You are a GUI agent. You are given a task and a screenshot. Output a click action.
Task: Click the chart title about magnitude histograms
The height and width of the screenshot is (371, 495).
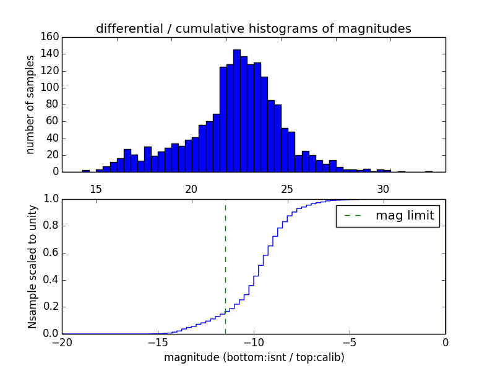click(253, 29)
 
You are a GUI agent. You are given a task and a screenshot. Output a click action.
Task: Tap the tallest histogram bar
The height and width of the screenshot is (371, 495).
click(237, 111)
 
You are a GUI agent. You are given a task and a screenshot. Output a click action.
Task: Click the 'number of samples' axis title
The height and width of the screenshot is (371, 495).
click(30, 104)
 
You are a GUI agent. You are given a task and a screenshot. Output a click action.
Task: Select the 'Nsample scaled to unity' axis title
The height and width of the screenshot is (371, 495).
click(32, 266)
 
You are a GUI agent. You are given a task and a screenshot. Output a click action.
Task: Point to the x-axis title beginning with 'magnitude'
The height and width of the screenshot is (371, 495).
click(254, 357)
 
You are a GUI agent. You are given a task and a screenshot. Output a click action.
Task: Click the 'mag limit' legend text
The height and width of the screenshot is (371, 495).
click(405, 216)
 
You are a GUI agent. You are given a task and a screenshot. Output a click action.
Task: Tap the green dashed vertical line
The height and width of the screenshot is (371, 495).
click(225, 260)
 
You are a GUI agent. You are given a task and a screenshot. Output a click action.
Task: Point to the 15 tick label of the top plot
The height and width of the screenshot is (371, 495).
click(96, 188)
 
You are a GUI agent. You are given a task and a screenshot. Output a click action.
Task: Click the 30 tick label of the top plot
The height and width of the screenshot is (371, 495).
click(383, 188)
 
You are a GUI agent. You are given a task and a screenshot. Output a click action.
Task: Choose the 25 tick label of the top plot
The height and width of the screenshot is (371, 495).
click(287, 188)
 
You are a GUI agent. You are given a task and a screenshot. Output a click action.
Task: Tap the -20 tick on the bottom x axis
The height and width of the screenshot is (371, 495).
click(62, 343)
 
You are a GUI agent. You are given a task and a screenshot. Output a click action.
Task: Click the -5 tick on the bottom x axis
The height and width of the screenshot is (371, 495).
click(350, 343)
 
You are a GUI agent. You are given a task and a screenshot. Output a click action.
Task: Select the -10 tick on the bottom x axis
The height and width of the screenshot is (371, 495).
click(254, 343)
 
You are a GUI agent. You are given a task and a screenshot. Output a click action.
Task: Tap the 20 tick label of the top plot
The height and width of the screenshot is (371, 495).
click(191, 188)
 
